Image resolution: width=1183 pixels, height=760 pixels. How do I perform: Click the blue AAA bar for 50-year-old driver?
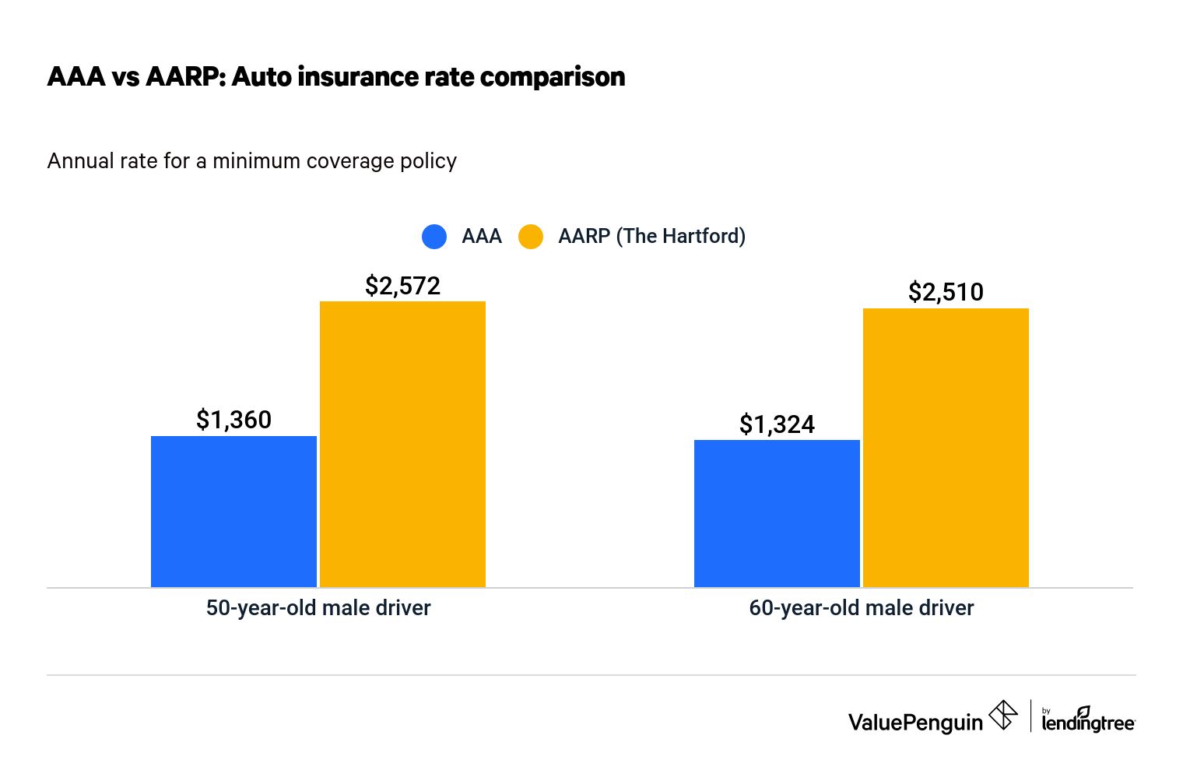(233, 512)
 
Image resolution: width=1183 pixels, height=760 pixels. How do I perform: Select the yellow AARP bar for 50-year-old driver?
(402, 444)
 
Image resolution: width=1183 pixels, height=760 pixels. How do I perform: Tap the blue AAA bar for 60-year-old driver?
(777, 514)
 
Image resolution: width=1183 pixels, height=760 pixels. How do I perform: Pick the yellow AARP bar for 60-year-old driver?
(946, 448)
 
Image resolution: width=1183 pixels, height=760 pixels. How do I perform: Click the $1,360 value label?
(233, 420)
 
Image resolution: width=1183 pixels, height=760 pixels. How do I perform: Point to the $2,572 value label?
(402, 286)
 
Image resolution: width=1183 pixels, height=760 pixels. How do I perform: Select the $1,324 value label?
(777, 424)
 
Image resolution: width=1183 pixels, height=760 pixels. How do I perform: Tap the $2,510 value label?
(946, 292)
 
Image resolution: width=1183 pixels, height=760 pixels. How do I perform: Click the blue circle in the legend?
(434, 237)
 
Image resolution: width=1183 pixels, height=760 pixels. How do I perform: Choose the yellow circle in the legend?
(531, 237)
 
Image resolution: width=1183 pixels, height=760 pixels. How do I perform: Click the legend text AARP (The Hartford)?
(651, 236)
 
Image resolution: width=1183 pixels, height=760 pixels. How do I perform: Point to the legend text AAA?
(482, 236)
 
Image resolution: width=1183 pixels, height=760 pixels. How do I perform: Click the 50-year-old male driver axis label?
(318, 608)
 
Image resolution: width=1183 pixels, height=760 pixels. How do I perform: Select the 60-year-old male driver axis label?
(861, 608)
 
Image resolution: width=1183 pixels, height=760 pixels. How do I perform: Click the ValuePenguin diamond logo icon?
(1003, 715)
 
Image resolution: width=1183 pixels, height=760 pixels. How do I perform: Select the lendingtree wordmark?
(1088, 722)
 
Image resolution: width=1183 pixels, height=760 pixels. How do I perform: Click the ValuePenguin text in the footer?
(915, 723)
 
